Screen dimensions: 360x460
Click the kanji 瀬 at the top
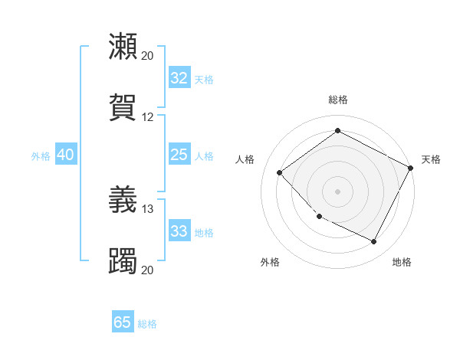pos(123,47)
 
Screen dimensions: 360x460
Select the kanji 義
pos(123,200)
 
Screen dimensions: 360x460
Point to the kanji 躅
pos(123,261)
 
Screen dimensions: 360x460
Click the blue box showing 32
pos(179,78)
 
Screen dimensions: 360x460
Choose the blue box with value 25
pos(179,155)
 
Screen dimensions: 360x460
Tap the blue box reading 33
pos(179,231)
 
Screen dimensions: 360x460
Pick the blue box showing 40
pos(65,155)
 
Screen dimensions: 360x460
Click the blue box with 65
pos(123,322)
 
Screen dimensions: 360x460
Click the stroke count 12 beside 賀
pos(148,117)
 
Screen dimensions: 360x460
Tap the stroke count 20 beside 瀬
pos(148,56)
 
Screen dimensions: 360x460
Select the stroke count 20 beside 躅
pos(148,270)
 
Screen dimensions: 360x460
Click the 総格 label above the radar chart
pos(338,100)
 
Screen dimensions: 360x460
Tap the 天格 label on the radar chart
pos(431,159)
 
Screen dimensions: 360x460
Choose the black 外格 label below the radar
pos(270,262)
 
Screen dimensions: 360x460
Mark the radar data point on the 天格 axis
pos(411,168)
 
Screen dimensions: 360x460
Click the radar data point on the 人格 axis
pos(280,172)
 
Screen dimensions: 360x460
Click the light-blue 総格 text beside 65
pos(147,324)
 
